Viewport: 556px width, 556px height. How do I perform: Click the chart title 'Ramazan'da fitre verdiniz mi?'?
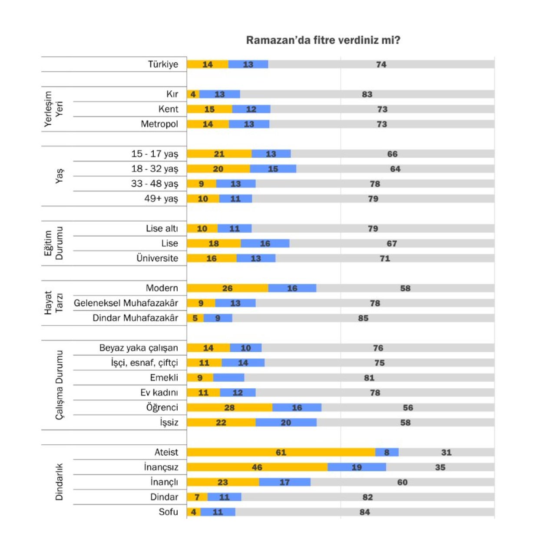(323, 40)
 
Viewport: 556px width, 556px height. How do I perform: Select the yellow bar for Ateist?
(281, 452)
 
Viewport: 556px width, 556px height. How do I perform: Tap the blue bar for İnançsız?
(357, 467)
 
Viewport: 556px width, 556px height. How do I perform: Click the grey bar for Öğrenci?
(407, 407)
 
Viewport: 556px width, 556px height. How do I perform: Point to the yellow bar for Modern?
(227, 288)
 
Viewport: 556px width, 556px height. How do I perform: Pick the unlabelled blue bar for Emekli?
(228, 377)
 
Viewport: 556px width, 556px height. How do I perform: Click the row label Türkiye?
(163, 64)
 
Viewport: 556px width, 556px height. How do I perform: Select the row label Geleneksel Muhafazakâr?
(126, 303)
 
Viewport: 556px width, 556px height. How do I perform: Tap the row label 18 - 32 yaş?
(155, 169)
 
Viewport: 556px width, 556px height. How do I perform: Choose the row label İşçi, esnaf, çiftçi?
(145, 362)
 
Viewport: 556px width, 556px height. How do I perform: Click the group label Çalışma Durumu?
(59, 385)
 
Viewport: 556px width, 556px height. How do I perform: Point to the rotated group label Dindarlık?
(59, 482)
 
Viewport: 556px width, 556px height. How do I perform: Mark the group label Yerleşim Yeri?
(53, 109)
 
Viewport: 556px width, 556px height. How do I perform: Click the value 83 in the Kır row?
(367, 94)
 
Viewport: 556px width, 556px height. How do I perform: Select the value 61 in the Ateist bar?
(281, 452)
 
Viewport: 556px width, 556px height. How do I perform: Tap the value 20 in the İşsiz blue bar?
(286, 422)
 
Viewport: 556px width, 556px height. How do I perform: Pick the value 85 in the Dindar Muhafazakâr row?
(363, 318)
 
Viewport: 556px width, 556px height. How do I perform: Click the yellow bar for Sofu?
(193, 512)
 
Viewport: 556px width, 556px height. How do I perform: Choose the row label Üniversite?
(157, 258)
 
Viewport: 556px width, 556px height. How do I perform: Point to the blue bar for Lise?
(265, 243)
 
